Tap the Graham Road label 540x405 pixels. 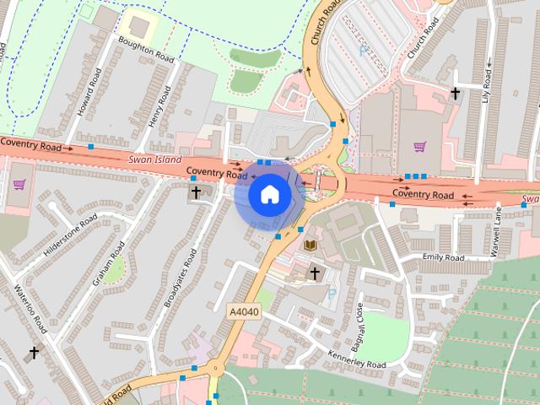coord(109,262)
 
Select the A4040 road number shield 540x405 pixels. coord(243,311)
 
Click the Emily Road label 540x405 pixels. coord(444,257)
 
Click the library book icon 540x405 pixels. coord(310,245)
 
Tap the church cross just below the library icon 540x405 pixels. coord(315,273)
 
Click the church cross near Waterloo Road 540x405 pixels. coord(35,353)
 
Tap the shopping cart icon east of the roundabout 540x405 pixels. coord(419,146)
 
